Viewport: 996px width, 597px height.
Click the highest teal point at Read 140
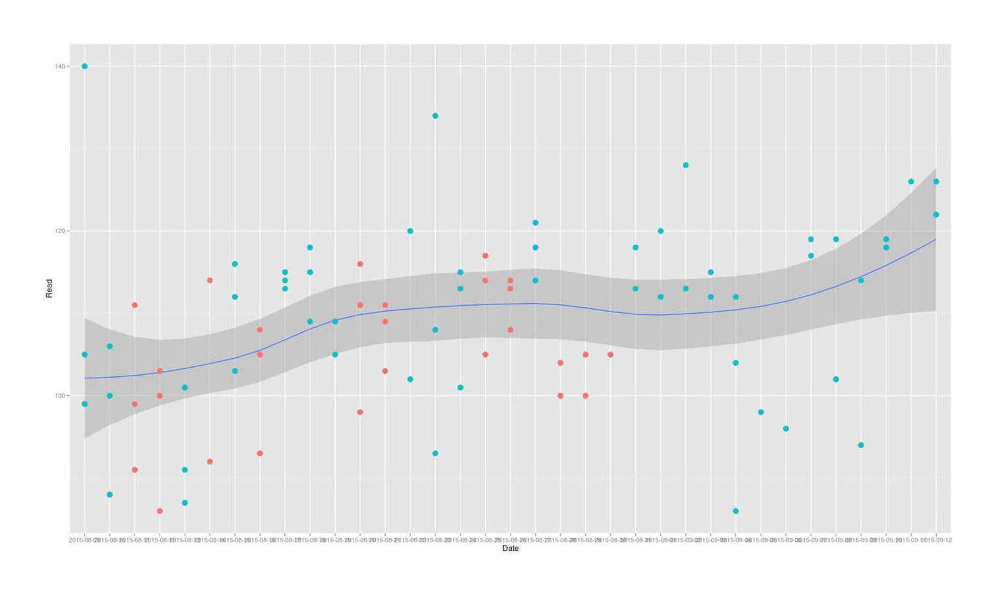tap(84, 67)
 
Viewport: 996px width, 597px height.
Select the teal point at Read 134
tap(435, 116)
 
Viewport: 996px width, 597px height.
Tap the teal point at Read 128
tap(686, 165)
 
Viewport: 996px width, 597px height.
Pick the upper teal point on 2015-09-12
tap(936, 182)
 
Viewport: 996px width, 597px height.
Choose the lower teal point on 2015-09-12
tap(936, 215)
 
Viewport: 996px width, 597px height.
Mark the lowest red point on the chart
tap(160, 511)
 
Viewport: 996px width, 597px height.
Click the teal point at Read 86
tap(736, 511)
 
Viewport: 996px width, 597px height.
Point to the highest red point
tap(485, 256)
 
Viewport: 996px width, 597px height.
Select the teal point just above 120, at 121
tap(536, 223)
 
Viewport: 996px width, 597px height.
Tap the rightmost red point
tap(611, 355)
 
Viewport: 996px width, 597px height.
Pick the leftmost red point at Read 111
tap(135, 305)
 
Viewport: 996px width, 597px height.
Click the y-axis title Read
tap(49, 289)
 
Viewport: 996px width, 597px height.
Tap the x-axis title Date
tap(511, 548)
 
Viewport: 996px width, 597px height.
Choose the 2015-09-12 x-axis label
tap(938, 540)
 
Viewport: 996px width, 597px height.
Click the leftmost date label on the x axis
tap(84, 540)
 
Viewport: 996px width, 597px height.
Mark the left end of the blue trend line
tap(85, 378)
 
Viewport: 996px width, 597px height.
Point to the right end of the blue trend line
tap(936, 239)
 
